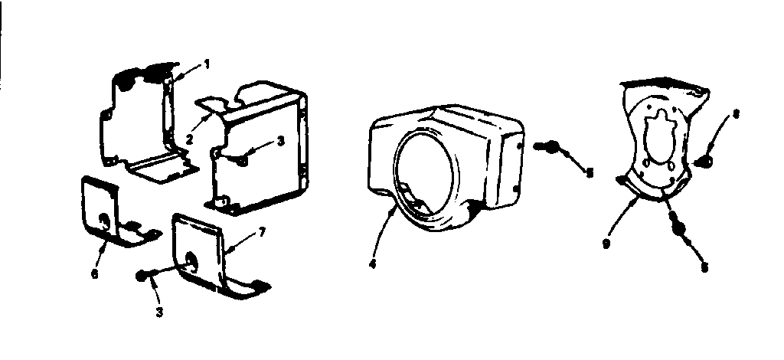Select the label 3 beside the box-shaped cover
[x=281, y=141]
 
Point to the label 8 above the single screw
[x=735, y=115]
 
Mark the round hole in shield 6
[x=102, y=222]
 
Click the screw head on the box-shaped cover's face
[x=241, y=159]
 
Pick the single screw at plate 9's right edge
[x=708, y=161]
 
